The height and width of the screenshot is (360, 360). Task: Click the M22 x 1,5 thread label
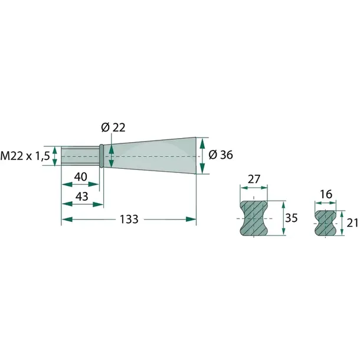coord(25,156)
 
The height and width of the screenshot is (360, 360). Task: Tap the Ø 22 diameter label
coord(113,127)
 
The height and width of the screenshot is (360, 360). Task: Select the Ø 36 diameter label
coord(221,155)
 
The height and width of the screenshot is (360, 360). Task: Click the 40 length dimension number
coord(81,177)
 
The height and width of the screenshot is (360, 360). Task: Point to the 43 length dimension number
coord(82,197)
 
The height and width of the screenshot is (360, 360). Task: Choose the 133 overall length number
coord(129,220)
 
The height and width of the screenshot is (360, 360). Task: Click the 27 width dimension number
coord(254,179)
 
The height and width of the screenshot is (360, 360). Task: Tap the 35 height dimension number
coord(291,218)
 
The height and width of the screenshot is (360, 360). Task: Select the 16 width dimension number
coord(326,195)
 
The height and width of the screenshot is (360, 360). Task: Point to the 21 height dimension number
coord(352,223)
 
